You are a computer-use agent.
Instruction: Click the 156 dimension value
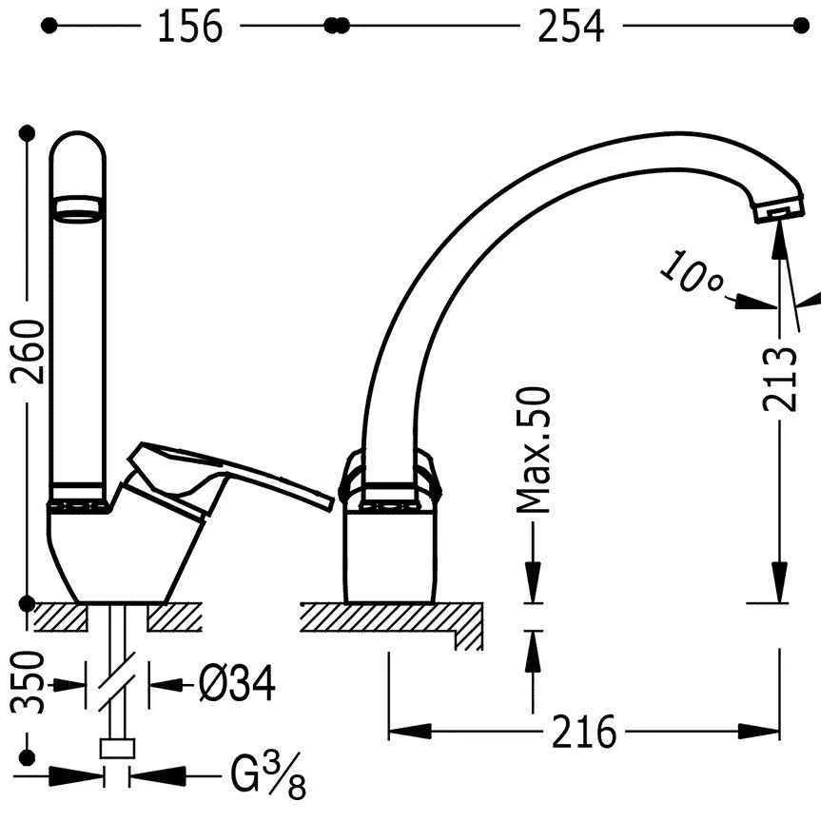tap(190, 27)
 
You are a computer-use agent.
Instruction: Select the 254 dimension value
tap(571, 27)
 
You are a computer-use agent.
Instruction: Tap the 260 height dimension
tap(28, 352)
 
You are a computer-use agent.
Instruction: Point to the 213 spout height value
tap(780, 379)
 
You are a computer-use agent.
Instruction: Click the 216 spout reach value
tap(584, 732)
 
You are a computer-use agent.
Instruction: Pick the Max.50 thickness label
tap(533, 450)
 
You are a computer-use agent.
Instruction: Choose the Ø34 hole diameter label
tap(237, 683)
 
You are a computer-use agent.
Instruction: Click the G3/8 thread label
tap(268, 775)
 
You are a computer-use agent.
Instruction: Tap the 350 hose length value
tap(28, 682)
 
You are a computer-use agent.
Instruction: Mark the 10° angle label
tap(691, 272)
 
